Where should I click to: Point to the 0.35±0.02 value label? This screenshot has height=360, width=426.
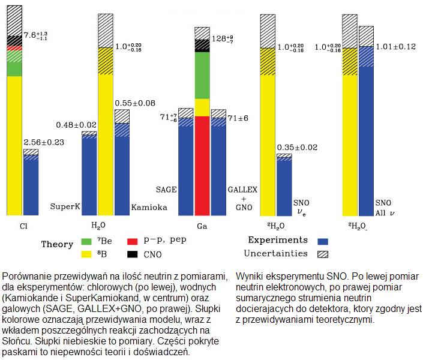297,147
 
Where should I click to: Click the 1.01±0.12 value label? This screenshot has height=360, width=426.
394,46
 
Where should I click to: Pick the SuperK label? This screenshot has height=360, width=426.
65,206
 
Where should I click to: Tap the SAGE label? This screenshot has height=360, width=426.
166,189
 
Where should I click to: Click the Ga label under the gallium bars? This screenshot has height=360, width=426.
202,226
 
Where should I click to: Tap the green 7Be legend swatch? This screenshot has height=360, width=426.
86,242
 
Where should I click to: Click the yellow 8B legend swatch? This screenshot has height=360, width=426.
86,254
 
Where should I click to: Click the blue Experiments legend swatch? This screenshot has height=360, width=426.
325,241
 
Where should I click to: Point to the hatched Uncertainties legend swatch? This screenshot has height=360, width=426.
325,254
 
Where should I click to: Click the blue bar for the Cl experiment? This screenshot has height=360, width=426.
31,186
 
